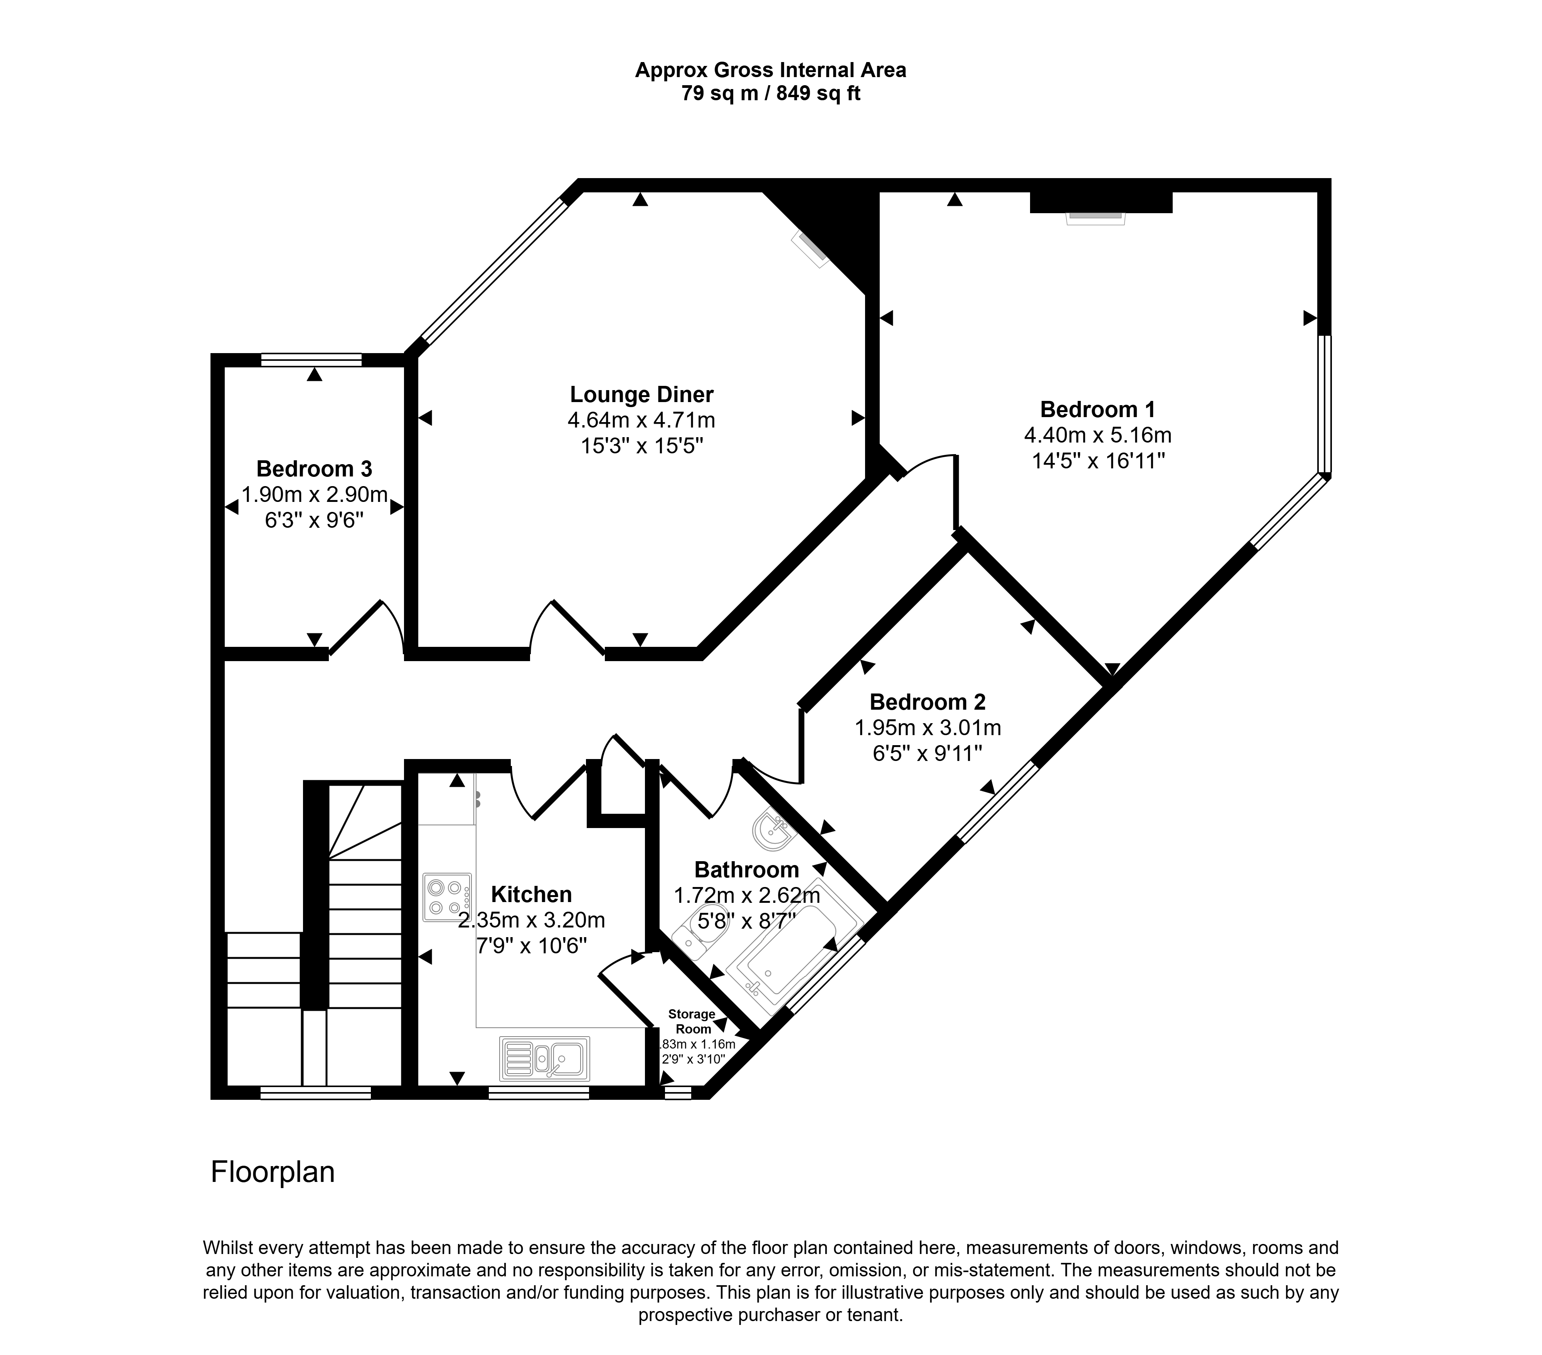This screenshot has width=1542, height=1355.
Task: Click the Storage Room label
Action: tap(692, 1022)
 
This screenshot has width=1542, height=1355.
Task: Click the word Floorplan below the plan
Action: tap(272, 1172)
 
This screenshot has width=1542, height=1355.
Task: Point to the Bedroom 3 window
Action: tap(311, 360)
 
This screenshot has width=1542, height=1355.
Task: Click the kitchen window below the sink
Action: tap(539, 1092)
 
